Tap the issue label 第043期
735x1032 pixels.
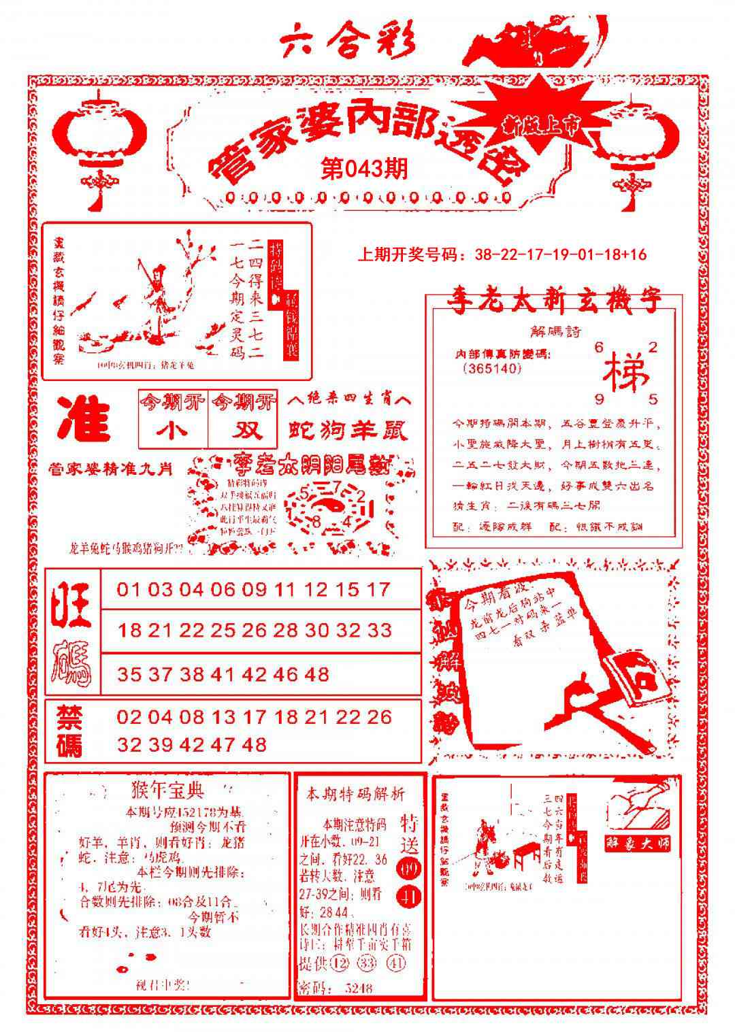coord(363,168)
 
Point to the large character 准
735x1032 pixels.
coord(83,418)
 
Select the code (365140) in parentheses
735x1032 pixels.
coord(491,368)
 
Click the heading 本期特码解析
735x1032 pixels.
coord(355,793)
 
